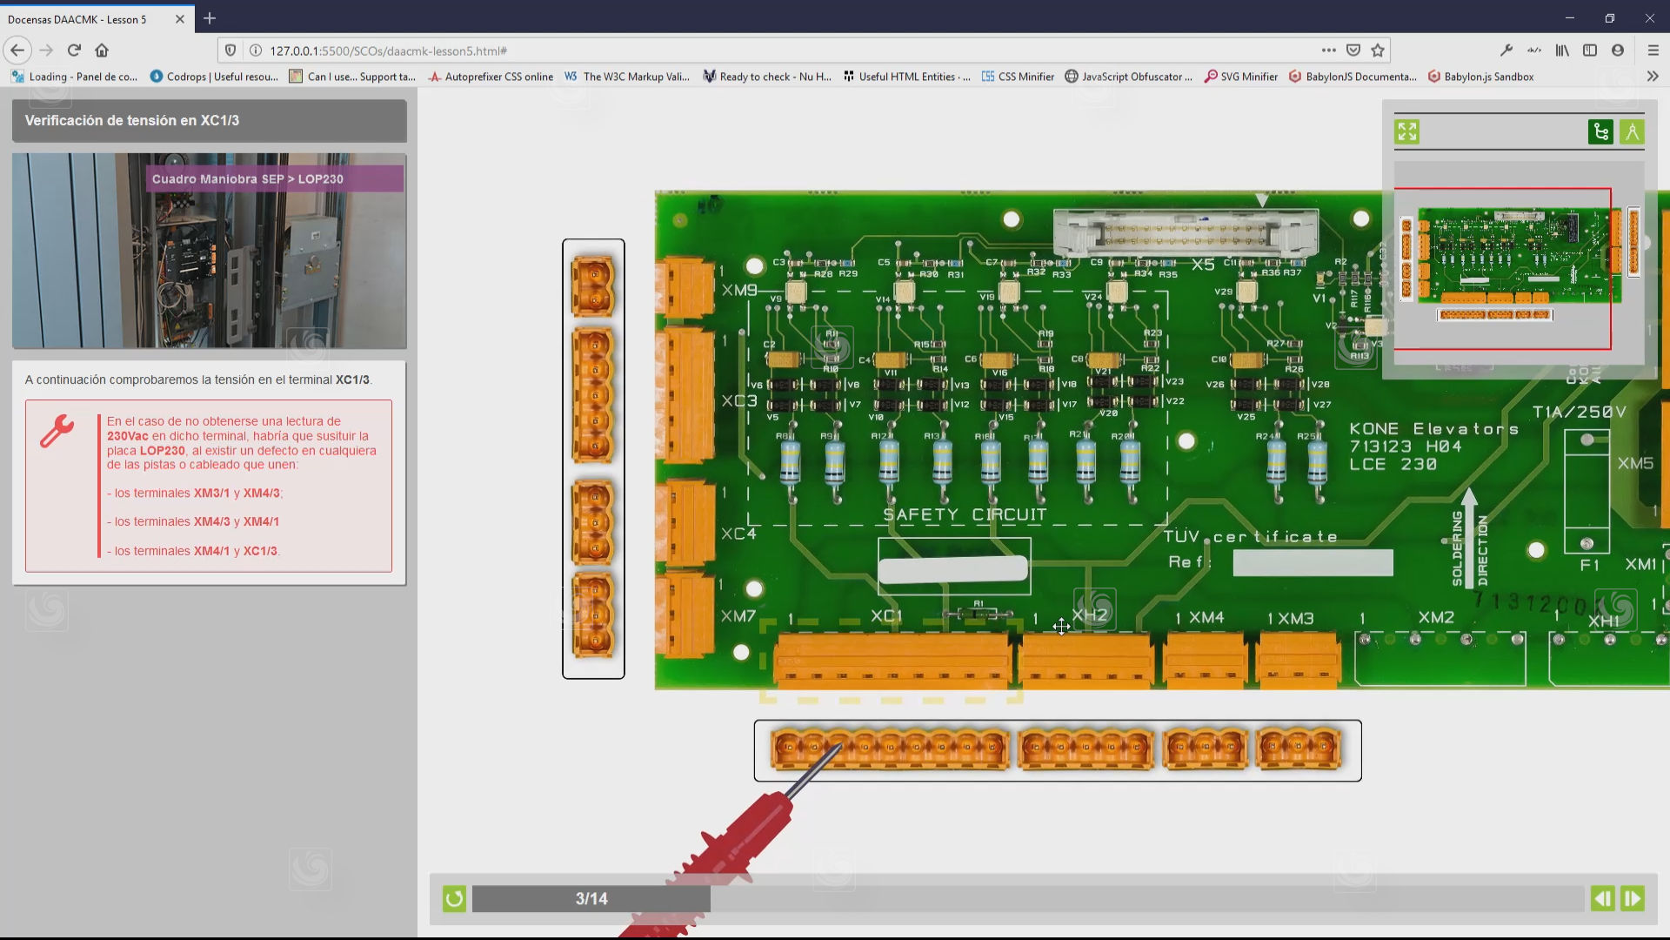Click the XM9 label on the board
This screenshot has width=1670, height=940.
coord(739,290)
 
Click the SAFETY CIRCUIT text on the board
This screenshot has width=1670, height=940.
coord(965,514)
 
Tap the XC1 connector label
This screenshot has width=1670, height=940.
coord(886,616)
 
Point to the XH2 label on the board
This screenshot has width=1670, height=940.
coord(1090,615)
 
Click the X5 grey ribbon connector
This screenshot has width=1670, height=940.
coord(1185,232)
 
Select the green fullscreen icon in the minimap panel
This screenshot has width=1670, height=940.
coord(1406,131)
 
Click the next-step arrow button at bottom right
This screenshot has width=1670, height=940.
coord(1632,898)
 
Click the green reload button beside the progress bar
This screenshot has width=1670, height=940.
coord(454,898)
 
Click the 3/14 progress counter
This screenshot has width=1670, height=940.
coord(591,898)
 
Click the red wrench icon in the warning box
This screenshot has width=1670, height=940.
coord(57,432)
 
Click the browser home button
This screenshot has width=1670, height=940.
coord(102,50)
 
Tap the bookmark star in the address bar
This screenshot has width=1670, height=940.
coord(1378,50)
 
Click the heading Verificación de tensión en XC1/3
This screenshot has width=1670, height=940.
coord(132,120)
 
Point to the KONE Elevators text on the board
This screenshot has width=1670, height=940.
coord(1433,429)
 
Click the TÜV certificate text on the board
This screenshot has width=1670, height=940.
coord(1250,537)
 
